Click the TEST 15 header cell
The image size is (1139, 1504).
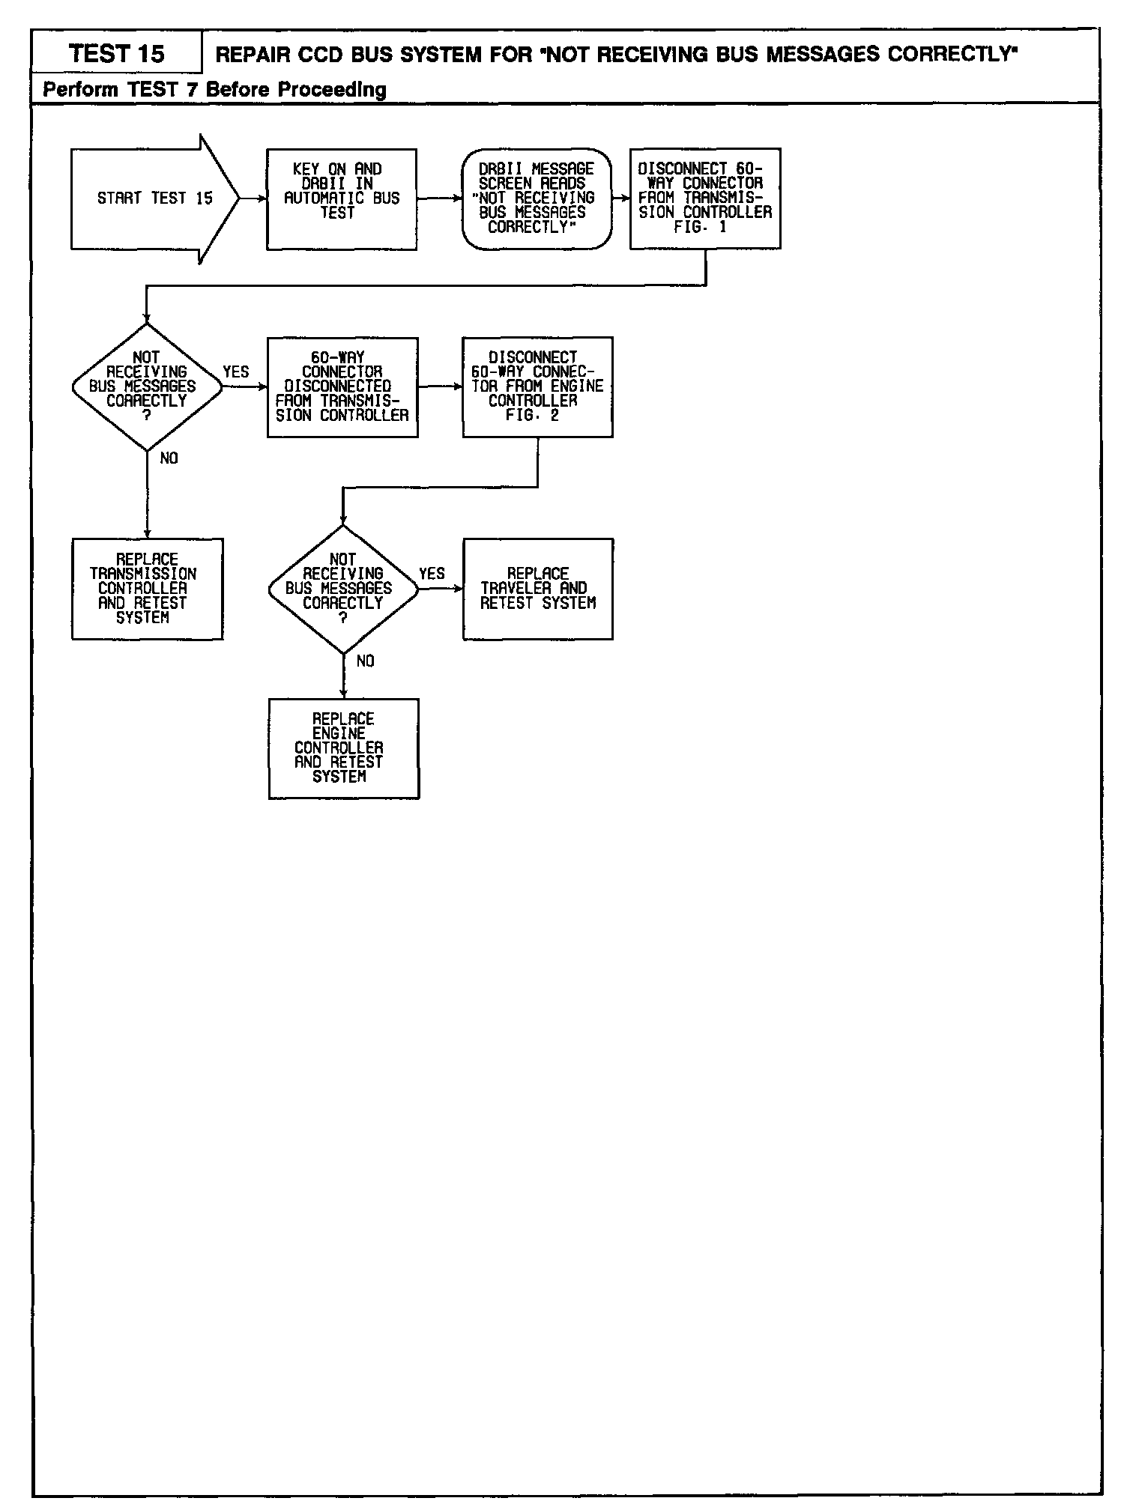[116, 54]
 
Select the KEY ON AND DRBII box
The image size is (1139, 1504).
[342, 198]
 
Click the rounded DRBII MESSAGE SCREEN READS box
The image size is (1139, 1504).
[537, 198]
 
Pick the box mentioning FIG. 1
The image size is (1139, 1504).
[704, 198]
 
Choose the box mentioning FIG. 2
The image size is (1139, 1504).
[537, 386]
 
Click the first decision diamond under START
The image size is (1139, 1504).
[147, 386]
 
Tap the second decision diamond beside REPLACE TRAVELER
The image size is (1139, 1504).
[343, 589]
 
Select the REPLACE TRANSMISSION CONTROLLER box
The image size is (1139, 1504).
[147, 589]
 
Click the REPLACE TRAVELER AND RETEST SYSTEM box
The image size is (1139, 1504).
[537, 589]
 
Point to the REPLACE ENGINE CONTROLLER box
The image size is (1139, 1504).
[343, 748]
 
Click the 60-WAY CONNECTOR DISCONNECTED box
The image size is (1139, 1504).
[342, 386]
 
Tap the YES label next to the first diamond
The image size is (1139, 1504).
[236, 372]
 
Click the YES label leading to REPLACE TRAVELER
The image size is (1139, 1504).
[432, 574]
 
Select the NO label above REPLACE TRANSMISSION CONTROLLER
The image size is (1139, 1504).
[169, 458]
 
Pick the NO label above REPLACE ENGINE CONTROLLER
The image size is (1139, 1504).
[366, 661]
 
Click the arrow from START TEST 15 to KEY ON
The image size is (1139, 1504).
[253, 198]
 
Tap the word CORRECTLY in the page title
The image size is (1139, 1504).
[952, 55]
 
